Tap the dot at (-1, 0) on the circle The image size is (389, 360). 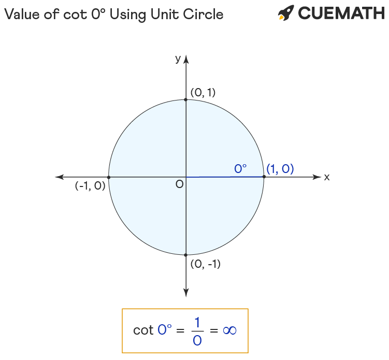pyautogui.click(x=109, y=177)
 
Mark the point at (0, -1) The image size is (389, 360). pyautogui.click(x=186, y=255)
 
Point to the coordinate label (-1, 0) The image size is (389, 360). pyautogui.click(x=90, y=185)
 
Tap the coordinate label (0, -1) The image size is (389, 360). pyautogui.click(x=206, y=264)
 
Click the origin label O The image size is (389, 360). pyautogui.click(x=179, y=184)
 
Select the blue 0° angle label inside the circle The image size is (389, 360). pyautogui.click(x=240, y=169)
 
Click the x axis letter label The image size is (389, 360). pyautogui.click(x=327, y=177)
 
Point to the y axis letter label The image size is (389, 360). pyautogui.click(x=178, y=59)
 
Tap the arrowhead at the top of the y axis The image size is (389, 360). pyautogui.click(x=186, y=60)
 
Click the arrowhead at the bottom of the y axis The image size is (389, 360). pyautogui.click(x=186, y=293)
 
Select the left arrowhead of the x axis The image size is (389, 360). pyautogui.click(x=60, y=177)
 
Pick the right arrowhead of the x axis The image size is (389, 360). pyautogui.click(x=317, y=177)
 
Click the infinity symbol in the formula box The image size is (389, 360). pyautogui.click(x=229, y=330)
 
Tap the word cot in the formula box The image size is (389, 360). pyautogui.click(x=143, y=330)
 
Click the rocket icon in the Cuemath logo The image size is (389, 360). pyautogui.click(x=286, y=12)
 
